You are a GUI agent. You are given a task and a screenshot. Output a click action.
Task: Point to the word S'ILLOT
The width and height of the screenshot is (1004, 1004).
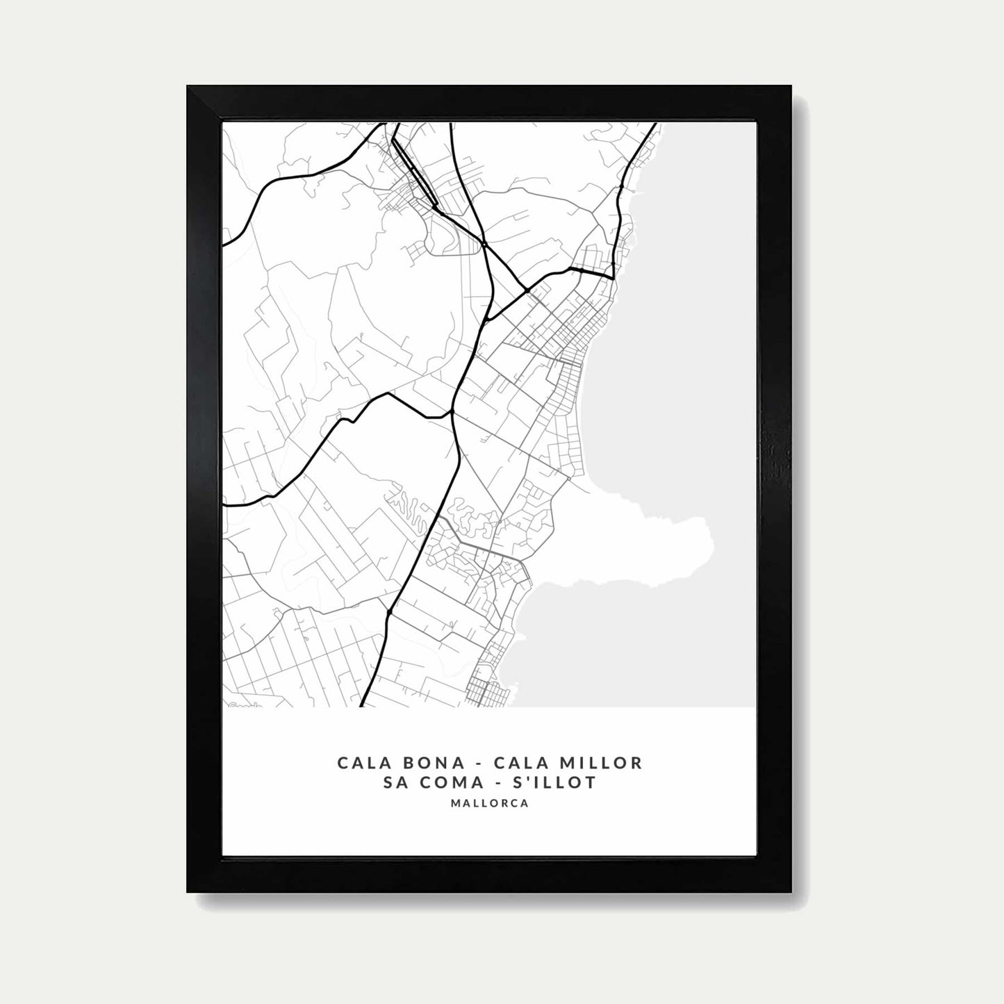(559, 783)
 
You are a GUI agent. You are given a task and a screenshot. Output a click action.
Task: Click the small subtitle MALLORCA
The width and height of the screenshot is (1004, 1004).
(489, 803)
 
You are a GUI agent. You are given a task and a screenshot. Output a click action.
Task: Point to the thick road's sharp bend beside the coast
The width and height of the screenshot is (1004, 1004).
(613, 278)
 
